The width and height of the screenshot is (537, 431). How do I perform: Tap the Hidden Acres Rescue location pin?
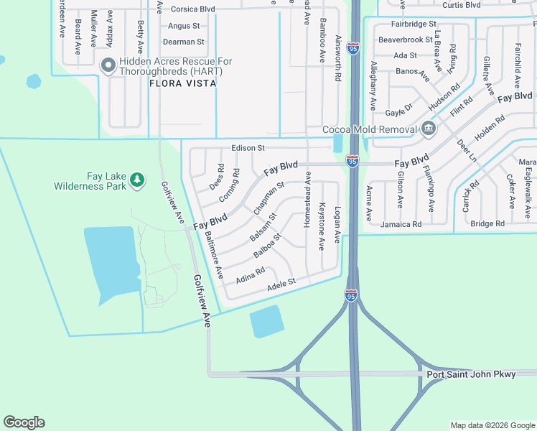click(x=108, y=66)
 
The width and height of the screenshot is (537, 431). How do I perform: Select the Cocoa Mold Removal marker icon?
click(x=428, y=129)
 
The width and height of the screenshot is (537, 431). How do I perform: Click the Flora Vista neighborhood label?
click(x=182, y=83)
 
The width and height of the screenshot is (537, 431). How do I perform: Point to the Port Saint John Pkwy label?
click(x=471, y=375)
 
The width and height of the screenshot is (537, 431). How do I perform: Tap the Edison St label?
click(x=248, y=148)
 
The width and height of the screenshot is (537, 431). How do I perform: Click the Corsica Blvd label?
click(x=193, y=9)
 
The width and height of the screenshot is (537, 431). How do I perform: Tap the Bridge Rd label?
click(x=487, y=224)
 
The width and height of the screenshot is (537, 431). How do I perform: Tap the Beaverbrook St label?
click(x=406, y=40)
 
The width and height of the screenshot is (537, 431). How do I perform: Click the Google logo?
click(x=24, y=422)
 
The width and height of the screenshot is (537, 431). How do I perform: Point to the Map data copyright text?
click(x=492, y=425)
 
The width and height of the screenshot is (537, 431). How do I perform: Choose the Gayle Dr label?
click(x=399, y=109)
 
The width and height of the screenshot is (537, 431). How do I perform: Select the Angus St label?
click(x=183, y=26)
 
